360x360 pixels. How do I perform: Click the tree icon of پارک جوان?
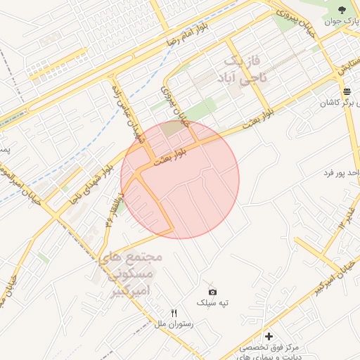coord(342,10)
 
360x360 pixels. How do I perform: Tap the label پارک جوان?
coord(342,21)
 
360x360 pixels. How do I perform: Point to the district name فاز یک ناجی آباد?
coord(240,70)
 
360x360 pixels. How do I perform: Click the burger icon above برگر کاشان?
coord(347,92)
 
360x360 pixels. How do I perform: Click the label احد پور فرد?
coord(342,172)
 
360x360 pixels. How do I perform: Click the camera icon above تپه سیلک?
coord(213,291)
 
